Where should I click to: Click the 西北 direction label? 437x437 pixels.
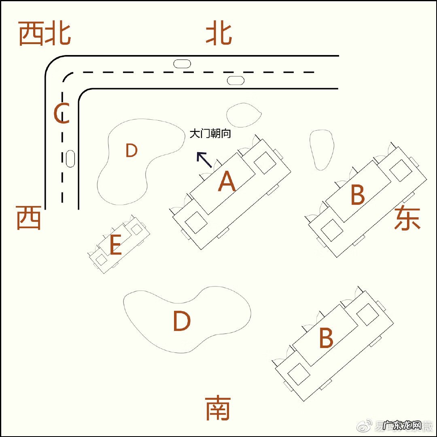(45, 34)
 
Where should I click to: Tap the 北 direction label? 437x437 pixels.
(219, 34)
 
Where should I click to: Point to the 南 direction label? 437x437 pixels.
(218, 408)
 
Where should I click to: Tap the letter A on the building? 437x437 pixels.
(227, 182)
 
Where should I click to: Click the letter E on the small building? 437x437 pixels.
(115, 246)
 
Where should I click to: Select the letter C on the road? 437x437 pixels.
(62, 114)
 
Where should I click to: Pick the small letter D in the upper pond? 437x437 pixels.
(132, 151)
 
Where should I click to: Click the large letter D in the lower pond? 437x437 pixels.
(182, 322)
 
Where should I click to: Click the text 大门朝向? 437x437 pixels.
(210, 134)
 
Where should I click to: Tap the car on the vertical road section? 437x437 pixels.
(70, 159)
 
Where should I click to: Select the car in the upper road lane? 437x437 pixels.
(182, 64)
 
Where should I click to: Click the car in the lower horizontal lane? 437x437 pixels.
(235, 80)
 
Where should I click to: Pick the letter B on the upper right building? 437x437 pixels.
(358, 195)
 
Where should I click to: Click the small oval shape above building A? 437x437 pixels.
(244, 115)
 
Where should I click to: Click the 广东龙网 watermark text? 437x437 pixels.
(402, 426)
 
